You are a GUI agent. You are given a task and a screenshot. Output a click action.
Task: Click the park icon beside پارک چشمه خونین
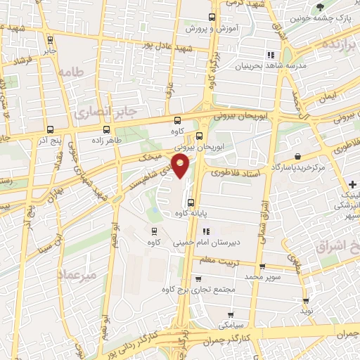(x=321, y=7)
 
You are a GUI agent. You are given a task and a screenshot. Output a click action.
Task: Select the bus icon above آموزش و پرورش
(x=213, y=18)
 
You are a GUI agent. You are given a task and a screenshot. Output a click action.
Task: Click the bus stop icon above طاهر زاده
(x=106, y=129)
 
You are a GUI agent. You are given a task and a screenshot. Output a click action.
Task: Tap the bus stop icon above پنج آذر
(x=50, y=129)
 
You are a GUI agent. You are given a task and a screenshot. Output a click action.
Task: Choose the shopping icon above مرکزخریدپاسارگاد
(x=298, y=156)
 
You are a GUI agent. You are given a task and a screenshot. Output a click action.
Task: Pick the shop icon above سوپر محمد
(x=262, y=266)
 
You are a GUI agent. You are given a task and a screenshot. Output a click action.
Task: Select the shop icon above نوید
(x=305, y=298)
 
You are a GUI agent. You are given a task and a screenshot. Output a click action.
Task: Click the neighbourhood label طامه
(x=72, y=72)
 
